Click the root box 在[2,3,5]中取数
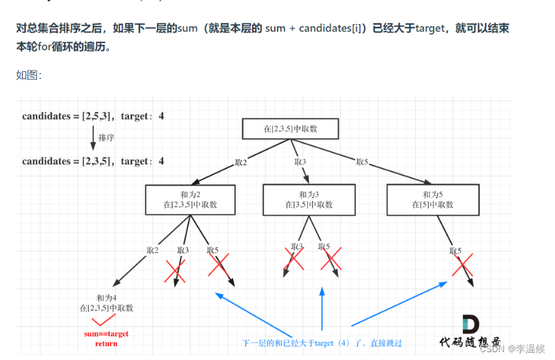pyautogui.click(x=291, y=129)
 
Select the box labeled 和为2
pyautogui.click(x=190, y=199)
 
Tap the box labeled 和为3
pyautogui.click(x=308, y=199)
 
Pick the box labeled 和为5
pyautogui.click(x=432, y=199)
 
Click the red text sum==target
pyautogui.click(x=106, y=334)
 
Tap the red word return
pyautogui.click(x=106, y=344)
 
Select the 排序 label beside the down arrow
pyautogui.click(x=106, y=138)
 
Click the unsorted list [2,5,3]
pyautogui.click(x=99, y=116)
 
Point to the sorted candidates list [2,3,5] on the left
pyautogui.click(x=99, y=161)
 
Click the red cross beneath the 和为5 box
pyautogui.click(x=462, y=265)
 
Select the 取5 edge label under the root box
pyautogui.click(x=362, y=162)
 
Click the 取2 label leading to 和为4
pyautogui.click(x=153, y=250)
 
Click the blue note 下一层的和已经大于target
pyautogui.click(x=322, y=343)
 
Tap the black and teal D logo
pyautogui.click(x=471, y=325)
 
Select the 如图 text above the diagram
pyautogui.click(x=29, y=75)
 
